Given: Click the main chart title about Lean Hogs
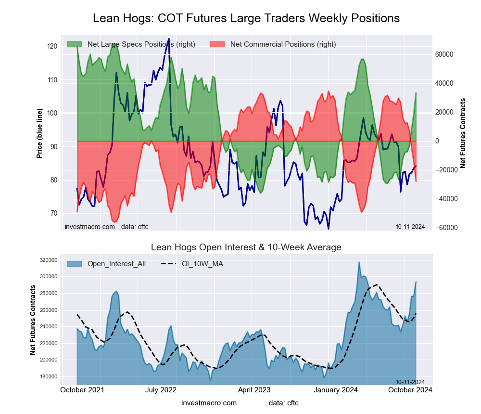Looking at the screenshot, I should [x=246, y=18].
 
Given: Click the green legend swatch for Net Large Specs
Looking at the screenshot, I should [x=75, y=44].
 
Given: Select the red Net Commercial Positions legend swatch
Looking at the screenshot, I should [x=217, y=44].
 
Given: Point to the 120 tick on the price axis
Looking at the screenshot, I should [x=52, y=46].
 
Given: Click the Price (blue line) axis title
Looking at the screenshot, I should [x=39, y=130].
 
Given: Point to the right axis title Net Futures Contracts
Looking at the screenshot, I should [x=463, y=133].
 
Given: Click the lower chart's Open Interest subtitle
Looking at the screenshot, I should [x=246, y=247].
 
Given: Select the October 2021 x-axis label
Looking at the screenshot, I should [x=83, y=389].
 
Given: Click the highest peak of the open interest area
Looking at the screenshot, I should [x=359, y=262].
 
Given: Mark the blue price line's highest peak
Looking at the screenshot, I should [x=169, y=39].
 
